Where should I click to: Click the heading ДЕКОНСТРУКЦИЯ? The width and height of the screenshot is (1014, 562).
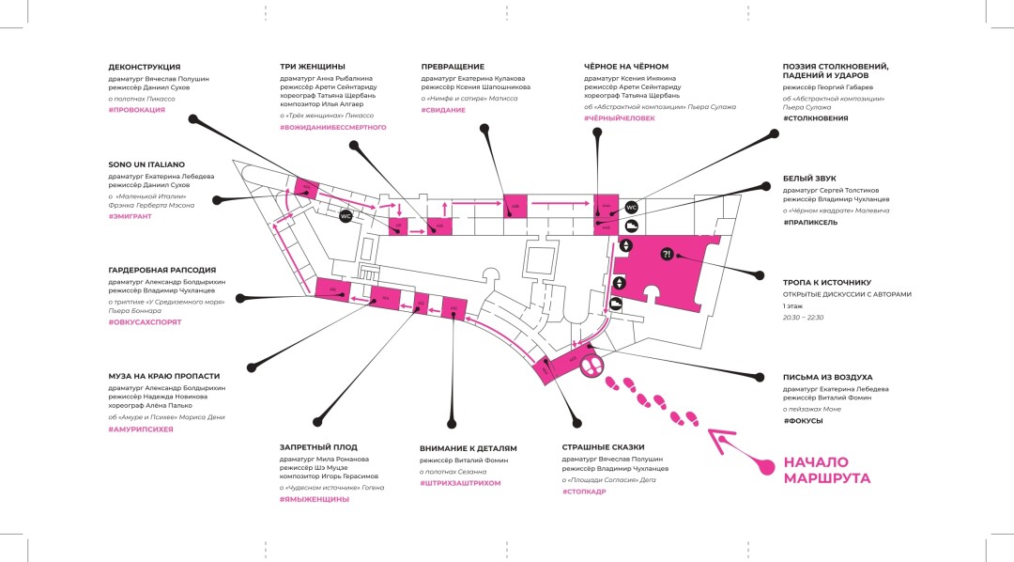click(145, 68)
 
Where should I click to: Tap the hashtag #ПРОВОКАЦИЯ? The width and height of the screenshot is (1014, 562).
click(137, 110)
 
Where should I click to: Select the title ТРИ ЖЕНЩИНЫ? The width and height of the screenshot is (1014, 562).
click(313, 67)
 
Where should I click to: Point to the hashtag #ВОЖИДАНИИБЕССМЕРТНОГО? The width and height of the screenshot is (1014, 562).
click(333, 127)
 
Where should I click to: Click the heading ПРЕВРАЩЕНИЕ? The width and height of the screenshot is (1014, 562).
click(453, 67)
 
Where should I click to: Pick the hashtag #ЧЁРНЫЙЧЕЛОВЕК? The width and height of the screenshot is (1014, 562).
click(620, 118)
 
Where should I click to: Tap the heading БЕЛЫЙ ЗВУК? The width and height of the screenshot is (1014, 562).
click(809, 179)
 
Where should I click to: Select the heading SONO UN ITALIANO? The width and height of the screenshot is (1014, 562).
click(146, 164)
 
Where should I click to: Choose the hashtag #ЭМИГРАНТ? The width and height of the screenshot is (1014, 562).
click(131, 216)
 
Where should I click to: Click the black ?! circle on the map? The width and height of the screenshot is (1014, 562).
click(667, 254)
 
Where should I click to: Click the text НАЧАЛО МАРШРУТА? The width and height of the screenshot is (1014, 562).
click(827, 470)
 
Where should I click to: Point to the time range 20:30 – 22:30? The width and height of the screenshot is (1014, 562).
click(803, 318)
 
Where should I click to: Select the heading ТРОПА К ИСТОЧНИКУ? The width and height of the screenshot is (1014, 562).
click(827, 282)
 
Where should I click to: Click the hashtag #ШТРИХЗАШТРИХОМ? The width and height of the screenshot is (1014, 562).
click(460, 482)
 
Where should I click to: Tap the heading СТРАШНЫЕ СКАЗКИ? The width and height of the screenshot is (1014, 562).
click(603, 447)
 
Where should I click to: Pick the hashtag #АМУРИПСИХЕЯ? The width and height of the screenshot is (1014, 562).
click(141, 429)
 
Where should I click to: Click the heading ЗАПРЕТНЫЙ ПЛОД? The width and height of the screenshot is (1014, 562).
click(318, 447)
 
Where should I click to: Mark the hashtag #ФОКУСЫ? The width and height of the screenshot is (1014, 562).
click(803, 421)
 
